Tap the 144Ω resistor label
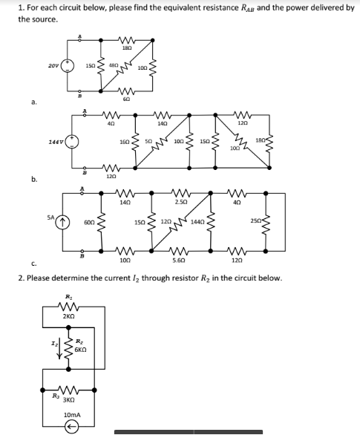197,222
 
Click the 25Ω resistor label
256,222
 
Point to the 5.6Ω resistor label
178,261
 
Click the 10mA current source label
72,414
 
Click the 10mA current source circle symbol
72,427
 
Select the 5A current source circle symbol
62,220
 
